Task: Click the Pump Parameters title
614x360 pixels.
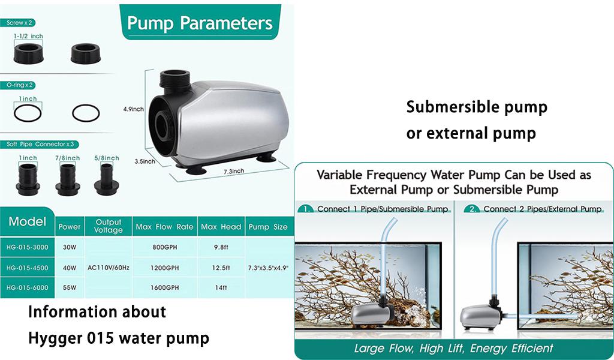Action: pyautogui.click(x=200, y=23)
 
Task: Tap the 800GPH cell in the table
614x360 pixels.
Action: pyautogui.click(x=164, y=247)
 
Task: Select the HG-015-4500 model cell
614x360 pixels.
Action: pyautogui.click(x=28, y=268)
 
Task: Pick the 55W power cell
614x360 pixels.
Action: pyautogui.click(x=70, y=287)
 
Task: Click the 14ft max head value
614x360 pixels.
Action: pyautogui.click(x=221, y=287)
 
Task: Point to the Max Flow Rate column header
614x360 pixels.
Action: pyautogui.click(x=164, y=227)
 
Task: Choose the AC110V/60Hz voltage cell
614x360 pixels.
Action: pyautogui.click(x=109, y=268)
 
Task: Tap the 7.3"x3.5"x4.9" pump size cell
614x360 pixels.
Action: pyautogui.click(x=268, y=268)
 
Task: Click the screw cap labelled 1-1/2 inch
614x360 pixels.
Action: pyautogui.click(x=28, y=53)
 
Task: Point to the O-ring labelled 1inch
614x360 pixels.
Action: pyautogui.click(x=28, y=113)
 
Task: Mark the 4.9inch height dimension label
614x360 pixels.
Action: pyautogui.click(x=134, y=109)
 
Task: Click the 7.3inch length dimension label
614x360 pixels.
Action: pyautogui.click(x=234, y=171)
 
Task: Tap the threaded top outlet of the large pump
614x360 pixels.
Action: pyautogui.click(x=174, y=80)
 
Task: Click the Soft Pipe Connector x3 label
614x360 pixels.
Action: pyautogui.click(x=40, y=144)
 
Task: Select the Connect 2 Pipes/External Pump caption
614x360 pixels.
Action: pyautogui.click(x=542, y=209)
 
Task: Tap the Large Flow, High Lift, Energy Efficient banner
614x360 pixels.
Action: pyautogui.click(x=453, y=348)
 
